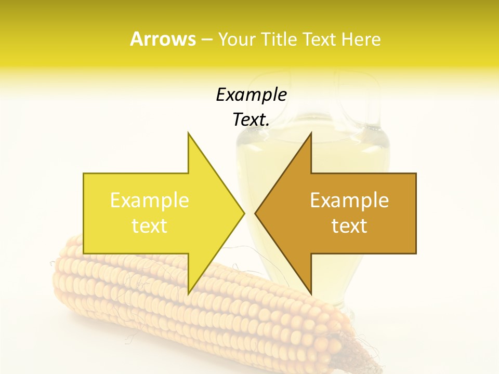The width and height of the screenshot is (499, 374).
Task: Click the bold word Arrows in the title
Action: point(163,39)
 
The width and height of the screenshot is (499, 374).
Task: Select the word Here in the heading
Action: point(361,39)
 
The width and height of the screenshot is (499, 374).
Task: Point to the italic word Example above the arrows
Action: point(251,95)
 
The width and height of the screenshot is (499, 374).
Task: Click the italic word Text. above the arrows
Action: point(251,120)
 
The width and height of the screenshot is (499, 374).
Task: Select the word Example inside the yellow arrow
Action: point(150,201)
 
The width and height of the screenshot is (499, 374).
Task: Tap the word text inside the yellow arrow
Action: point(150,226)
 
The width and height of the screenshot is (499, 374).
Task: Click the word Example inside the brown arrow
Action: point(349,201)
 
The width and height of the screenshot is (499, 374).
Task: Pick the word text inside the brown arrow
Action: point(349,226)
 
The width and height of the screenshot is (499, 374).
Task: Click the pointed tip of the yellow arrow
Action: point(244,213)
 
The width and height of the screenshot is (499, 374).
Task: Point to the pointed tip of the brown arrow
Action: point(255,213)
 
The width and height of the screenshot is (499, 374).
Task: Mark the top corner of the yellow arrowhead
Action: point(188,133)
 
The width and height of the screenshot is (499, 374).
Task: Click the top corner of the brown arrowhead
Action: point(311,133)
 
